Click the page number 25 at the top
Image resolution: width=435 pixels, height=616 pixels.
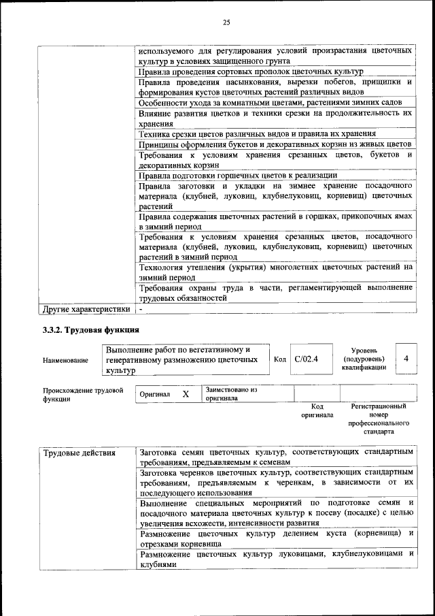pos(226,22)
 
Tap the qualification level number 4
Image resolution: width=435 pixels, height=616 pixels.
pos(406,358)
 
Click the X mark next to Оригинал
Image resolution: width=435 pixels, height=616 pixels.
pos(185,394)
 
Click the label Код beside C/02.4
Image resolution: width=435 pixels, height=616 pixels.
pos(279,359)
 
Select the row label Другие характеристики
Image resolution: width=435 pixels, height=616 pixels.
pos(86,309)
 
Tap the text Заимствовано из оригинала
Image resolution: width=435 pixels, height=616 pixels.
pos(230,394)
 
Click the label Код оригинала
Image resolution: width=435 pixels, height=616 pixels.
pos(317,410)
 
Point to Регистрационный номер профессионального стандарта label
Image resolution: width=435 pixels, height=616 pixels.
pos(379,419)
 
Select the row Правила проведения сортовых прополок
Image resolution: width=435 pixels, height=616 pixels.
pos(251,71)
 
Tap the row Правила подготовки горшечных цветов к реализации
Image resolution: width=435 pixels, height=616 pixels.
pos(238,175)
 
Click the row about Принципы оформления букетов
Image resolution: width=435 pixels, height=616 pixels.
pos(274,144)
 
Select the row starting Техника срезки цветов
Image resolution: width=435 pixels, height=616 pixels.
pos(257,134)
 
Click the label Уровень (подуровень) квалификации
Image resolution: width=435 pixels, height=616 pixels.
pos(364,358)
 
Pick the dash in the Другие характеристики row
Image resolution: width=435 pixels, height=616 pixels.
pos(141,309)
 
